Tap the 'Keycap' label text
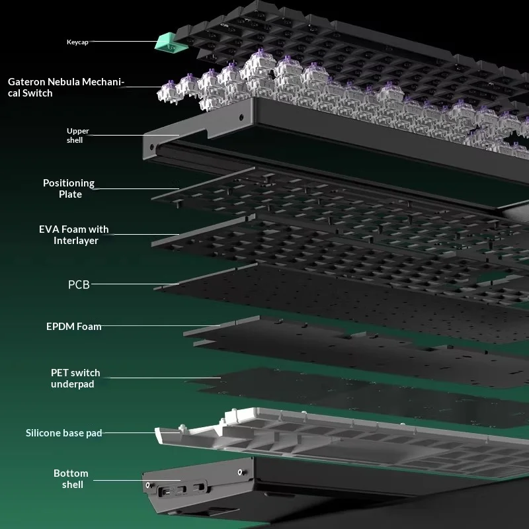(x=77, y=42)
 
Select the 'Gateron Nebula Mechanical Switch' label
(x=66, y=87)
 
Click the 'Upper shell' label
(x=77, y=136)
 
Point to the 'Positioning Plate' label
(x=69, y=188)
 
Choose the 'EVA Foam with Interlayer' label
(x=74, y=235)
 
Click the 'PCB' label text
(x=79, y=285)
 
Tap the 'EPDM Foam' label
(x=74, y=327)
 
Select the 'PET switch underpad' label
(x=75, y=378)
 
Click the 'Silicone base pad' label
(x=63, y=433)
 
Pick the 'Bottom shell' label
(x=71, y=479)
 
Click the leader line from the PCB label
(x=135, y=284)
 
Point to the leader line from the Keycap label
(x=124, y=42)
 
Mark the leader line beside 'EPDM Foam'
(x=161, y=325)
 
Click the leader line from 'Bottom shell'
(x=137, y=480)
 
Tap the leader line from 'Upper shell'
(x=136, y=136)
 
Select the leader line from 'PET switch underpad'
(x=165, y=378)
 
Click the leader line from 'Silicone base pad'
(x=141, y=432)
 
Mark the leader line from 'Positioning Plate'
(x=138, y=188)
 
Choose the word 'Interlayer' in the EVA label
(x=76, y=241)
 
